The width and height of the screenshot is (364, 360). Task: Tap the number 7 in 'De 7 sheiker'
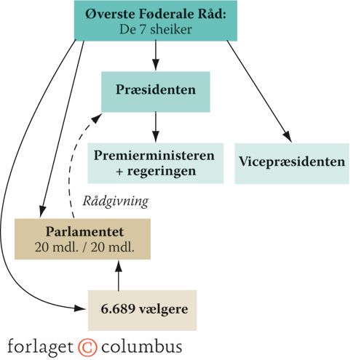pyautogui.click(x=143, y=30)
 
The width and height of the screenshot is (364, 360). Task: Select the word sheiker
pyautogui.click(x=171, y=30)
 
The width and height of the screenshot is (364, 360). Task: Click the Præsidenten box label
pyautogui.click(x=156, y=89)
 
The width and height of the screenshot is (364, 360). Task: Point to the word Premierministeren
pyautogui.click(x=154, y=155)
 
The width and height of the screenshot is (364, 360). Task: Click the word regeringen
pyautogui.click(x=162, y=172)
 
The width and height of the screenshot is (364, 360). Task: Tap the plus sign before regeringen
pyautogui.click(x=119, y=172)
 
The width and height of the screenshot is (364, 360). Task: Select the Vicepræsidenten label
pyautogui.click(x=292, y=161)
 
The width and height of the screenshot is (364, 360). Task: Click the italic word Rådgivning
pyautogui.click(x=115, y=201)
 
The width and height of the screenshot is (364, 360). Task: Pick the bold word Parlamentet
pyautogui.click(x=84, y=231)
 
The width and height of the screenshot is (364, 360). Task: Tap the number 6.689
pyautogui.click(x=118, y=309)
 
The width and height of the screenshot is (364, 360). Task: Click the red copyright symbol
pyautogui.click(x=87, y=347)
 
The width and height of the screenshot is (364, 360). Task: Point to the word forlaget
pyautogui.click(x=40, y=347)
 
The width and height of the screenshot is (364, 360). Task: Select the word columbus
pyautogui.click(x=141, y=346)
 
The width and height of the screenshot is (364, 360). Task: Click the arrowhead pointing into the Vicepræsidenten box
pyautogui.click(x=288, y=137)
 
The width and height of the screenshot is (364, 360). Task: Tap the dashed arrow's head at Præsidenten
pyautogui.click(x=98, y=118)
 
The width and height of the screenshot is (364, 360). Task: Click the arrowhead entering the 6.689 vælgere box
pyautogui.click(x=81, y=308)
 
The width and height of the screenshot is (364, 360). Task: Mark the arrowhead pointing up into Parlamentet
pyautogui.click(x=119, y=265)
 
